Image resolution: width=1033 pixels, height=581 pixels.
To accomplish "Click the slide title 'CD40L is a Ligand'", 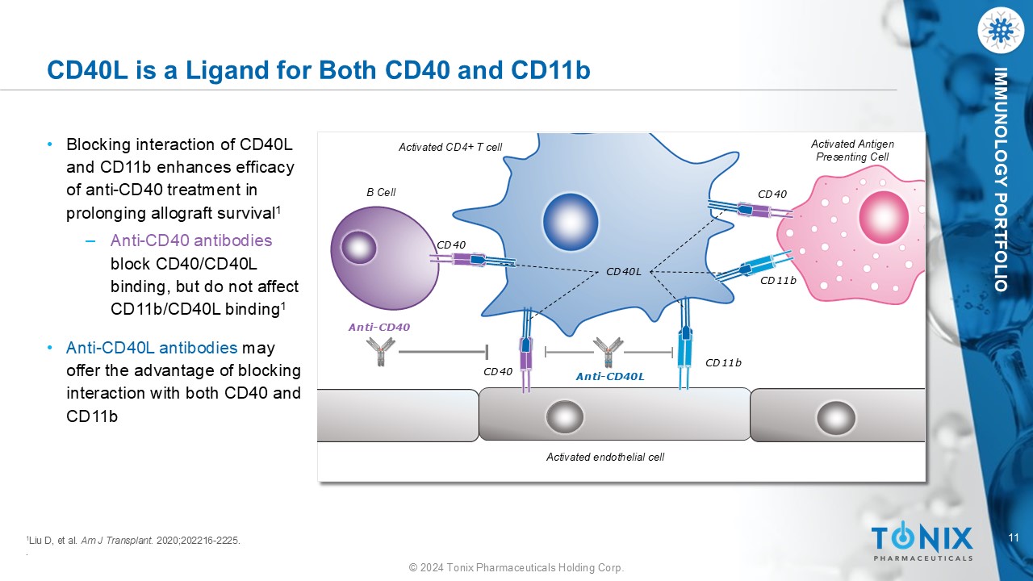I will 319,70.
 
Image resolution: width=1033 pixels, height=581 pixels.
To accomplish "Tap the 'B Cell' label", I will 381,192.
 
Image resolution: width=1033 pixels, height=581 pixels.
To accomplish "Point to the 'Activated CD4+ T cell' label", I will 450,147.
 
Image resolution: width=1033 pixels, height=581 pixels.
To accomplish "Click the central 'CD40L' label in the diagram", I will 623,272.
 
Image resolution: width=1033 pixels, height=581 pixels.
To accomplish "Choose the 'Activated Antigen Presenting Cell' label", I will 852,151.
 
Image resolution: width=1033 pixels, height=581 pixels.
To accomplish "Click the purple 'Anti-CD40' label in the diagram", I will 379,327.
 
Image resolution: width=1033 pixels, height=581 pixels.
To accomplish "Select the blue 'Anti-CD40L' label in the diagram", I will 609,376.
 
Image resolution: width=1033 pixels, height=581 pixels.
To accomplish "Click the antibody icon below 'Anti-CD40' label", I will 380,351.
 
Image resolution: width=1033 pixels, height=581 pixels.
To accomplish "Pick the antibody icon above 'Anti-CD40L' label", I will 608,352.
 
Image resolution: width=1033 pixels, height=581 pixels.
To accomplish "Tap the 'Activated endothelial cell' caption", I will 605,457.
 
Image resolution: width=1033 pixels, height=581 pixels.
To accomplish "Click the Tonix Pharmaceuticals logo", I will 922,541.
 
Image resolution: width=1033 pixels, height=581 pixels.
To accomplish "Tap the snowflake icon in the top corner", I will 1000,31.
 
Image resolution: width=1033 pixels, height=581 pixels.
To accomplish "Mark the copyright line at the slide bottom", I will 516,568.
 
